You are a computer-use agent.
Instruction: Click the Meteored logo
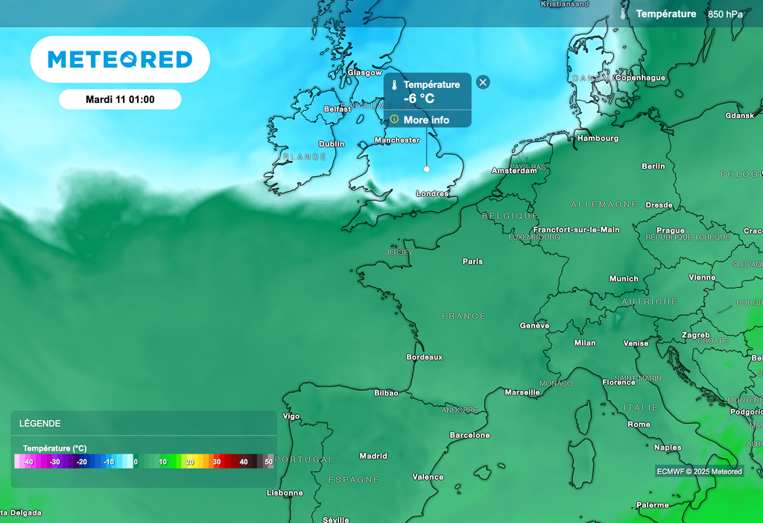click(x=120, y=59)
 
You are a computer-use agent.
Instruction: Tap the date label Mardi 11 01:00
click(x=120, y=99)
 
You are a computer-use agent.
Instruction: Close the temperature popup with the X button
click(x=483, y=82)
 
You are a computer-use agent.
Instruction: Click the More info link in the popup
click(x=426, y=120)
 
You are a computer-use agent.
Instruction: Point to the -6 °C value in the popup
click(x=419, y=98)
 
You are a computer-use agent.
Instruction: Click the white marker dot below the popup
click(x=427, y=169)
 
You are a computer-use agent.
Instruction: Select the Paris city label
click(x=472, y=261)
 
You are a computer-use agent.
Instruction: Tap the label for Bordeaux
click(x=424, y=357)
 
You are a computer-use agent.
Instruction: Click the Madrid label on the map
click(x=373, y=456)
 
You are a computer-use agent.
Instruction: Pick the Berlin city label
click(x=653, y=166)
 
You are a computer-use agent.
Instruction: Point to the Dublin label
click(x=332, y=144)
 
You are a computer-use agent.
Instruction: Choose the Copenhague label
click(x=640, y=78)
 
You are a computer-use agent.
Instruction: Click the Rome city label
click(x=639, y=425)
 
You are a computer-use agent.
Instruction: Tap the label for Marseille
click(x=522, y=392)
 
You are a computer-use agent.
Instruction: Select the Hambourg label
click(x=598, y=138)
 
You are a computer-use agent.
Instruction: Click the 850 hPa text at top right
click(x=725, y=14)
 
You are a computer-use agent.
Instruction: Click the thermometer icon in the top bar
click(x=624, y=13)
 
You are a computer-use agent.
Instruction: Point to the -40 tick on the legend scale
click(x=28, y=463)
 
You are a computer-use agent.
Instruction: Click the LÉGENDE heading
click(x=40, y=424)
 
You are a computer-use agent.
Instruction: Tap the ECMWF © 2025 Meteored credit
click(x=699, y=472)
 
